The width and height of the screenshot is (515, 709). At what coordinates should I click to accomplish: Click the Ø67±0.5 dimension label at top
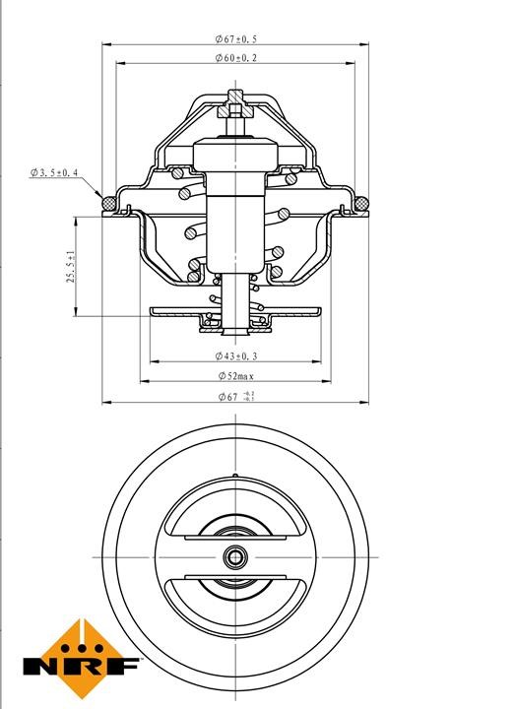coord(235,38)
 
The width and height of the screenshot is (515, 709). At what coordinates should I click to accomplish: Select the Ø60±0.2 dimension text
coord(235,58)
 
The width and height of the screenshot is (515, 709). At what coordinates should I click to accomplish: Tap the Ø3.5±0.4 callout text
coord(54,172)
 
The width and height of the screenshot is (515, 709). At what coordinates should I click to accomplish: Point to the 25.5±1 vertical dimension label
coord(71,267)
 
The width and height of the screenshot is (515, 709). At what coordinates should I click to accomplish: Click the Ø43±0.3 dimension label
coord(235,356)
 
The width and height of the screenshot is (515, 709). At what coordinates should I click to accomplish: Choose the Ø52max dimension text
coord(236,376)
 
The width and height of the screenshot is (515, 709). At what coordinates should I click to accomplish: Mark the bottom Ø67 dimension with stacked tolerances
coord(236,397)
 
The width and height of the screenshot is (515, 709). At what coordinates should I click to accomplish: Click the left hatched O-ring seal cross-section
coord(109,204)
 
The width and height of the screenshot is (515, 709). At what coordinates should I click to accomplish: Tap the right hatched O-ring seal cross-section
coord(361,204)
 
